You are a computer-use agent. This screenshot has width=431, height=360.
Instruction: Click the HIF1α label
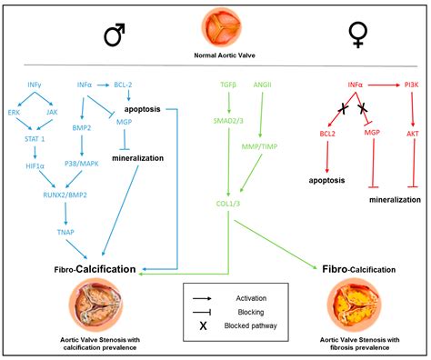coord(34,166)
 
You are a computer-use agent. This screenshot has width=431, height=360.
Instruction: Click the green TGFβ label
coord(228,84)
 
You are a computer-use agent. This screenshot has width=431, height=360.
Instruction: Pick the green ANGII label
coord(265,84)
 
